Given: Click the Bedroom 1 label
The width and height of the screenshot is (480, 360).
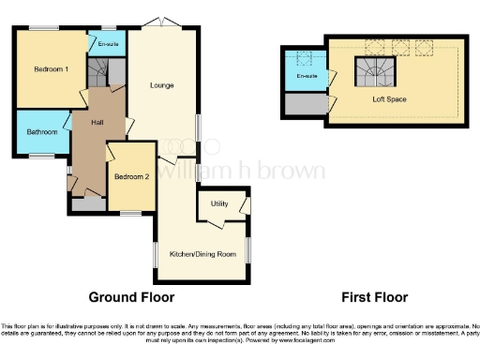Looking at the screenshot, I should tap(52, 69).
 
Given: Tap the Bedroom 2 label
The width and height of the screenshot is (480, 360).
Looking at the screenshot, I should tap(132, 176).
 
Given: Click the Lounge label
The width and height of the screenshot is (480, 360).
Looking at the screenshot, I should tap(161, 85).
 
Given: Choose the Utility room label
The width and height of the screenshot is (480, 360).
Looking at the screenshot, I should tap(220, 203).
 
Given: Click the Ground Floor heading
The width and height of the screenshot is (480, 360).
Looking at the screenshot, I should tap(131, 297).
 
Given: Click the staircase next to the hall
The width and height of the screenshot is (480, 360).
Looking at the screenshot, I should tap(98, 70).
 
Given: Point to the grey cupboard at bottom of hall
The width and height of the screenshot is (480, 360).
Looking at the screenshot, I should tap(91, 202).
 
